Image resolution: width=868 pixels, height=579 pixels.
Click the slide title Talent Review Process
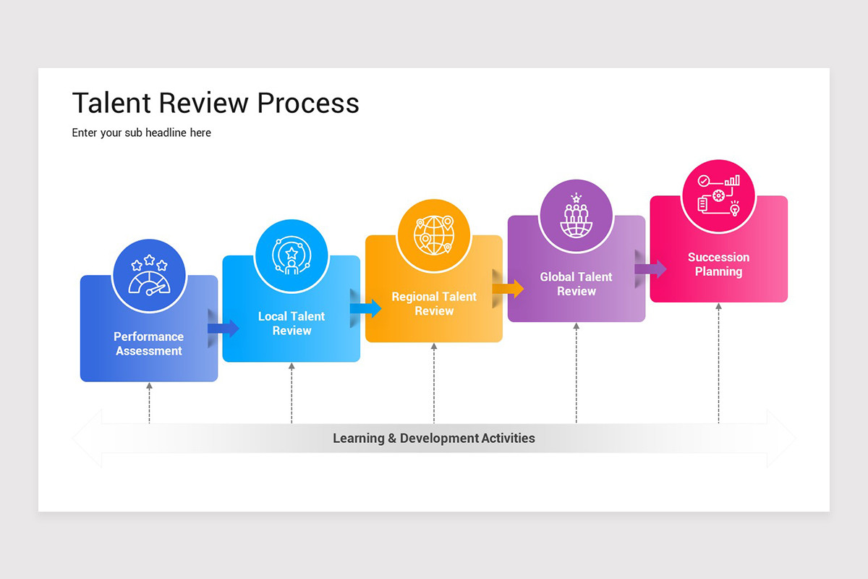click(x=216, y=103)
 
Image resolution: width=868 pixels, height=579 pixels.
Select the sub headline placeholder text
click(x=142, y=133)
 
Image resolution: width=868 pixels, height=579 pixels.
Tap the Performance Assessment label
click(x=149, y=344)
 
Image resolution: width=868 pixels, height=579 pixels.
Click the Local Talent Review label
click(x=292, y=324)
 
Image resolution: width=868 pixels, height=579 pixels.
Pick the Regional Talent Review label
click(x=434, y=304)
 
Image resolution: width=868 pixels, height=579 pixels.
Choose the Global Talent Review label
click(x=576, y=284)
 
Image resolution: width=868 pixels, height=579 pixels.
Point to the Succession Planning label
click(x=718, y=264)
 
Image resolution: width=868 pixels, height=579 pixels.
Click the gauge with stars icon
click(x=149, y=276)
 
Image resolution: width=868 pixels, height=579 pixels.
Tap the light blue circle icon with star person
click(x=292, y=255)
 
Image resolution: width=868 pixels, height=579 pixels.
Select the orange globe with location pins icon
click(x=434, y=235)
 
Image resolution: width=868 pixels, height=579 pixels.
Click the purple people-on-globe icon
click(x=576, y=216)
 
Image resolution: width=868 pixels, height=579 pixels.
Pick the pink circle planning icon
click(x=718, y=195)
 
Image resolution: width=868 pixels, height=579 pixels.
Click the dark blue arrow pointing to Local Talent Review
click(x=223, y=329)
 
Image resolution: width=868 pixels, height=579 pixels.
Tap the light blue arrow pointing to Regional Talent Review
click(x=365, y=308)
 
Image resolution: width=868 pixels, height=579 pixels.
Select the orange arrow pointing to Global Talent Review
click(x=508, y=289)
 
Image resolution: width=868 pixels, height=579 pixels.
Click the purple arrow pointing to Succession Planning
click(x=650, y=269)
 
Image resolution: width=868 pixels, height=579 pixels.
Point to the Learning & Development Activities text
click(x=434, y=439)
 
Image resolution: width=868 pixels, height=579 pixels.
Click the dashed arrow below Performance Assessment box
click(x=149, y=402)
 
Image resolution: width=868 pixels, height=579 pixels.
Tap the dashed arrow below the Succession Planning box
click(x=718, y=363)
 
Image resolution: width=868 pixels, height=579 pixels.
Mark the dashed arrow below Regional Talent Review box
click(x=434, y=383)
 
